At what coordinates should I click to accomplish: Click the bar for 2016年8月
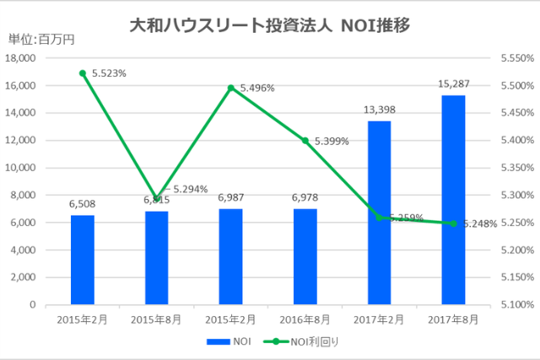(305, 256)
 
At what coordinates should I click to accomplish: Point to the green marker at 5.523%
(83, 73)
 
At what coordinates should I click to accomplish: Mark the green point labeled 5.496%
(230, 88)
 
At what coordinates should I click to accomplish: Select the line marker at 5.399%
(305, 140)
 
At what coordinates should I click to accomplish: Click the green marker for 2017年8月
(453, 223)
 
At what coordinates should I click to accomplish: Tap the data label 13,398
(379, 110)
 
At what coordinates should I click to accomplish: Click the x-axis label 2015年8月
(157, 320)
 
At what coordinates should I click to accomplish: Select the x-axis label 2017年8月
(453, 320)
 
